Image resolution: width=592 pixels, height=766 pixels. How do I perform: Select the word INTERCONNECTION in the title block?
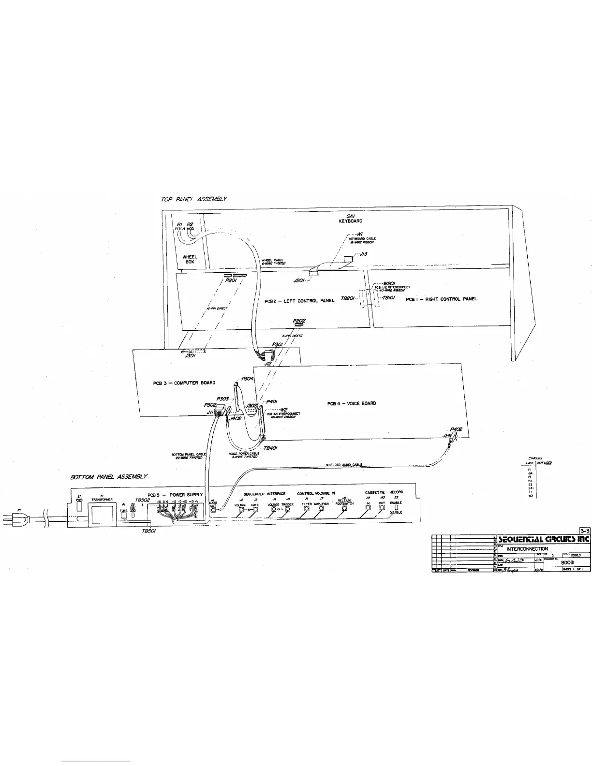click(527, 549)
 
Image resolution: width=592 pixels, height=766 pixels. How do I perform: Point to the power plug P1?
click(10, 520)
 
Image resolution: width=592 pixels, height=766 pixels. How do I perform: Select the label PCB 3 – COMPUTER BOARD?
click(184, 383)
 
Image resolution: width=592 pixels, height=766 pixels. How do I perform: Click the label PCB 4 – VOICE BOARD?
click(352, 403)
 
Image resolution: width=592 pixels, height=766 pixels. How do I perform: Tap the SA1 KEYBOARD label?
click(350, 219)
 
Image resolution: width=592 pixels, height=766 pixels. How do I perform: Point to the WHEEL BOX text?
click(190, 259)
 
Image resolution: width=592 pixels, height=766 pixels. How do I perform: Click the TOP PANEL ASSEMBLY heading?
click(194, 199)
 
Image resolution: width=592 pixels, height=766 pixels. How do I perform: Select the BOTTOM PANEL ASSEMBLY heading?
click(109, 477)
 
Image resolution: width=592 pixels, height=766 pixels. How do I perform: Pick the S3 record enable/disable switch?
click(396, 507)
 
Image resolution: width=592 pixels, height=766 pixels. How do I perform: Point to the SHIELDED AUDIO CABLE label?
click(344, 465)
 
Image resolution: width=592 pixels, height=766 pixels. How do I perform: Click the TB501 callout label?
click(148, 530)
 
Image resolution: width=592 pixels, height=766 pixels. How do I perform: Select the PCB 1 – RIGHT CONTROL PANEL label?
click(441, 299)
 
